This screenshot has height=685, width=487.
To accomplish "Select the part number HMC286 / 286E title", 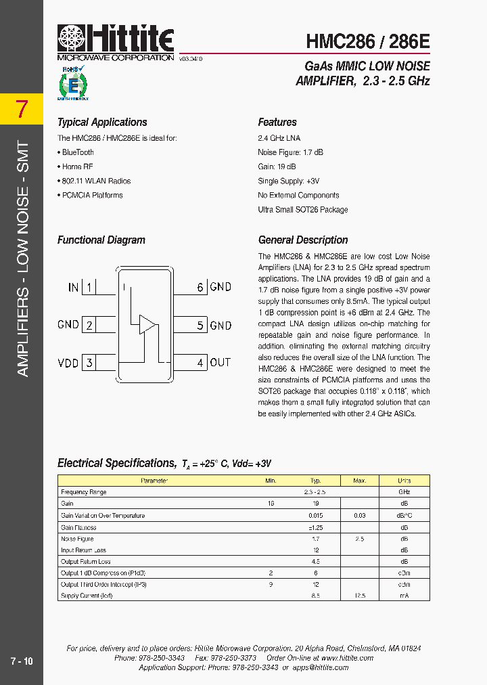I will [x=368, y=41].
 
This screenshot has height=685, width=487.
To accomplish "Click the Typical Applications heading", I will [x=102, y=123].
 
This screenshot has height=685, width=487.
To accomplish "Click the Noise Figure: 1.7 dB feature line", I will [x=290, y=152].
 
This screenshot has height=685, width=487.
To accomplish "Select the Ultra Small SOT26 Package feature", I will [x=302, y=210].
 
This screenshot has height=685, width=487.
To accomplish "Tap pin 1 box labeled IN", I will [x=89, y=287].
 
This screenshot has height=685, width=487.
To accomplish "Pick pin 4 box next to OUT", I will [x=200, y=363].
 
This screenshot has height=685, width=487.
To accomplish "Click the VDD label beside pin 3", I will [x=68, y=363].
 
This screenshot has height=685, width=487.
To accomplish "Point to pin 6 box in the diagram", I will [x=200, y=287].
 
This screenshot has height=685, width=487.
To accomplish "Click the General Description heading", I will [x=303, y=240].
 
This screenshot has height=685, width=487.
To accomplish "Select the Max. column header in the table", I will [x=360, y=481].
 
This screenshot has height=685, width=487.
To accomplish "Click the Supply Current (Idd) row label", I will [x=87, y=596].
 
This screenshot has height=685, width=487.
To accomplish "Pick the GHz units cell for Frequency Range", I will [x=404, y=492].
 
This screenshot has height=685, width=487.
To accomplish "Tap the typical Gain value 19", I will [x=315, y=504].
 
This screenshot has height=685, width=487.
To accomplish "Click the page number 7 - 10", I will [x=22, y=661].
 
